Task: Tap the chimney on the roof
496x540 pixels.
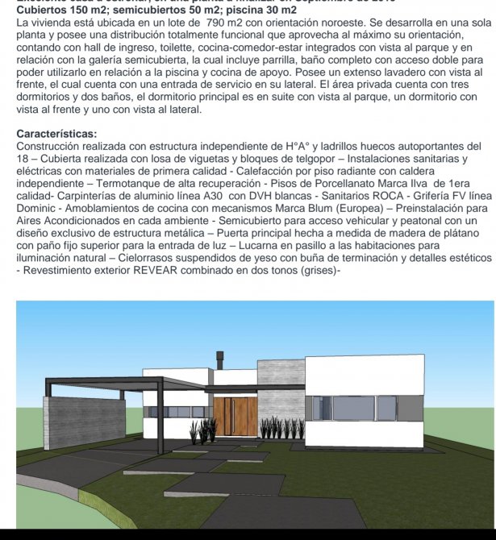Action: (x=218, y=362)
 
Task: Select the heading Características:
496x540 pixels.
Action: (x=56, y=134)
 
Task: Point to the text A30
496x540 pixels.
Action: (x=213, y=195)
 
